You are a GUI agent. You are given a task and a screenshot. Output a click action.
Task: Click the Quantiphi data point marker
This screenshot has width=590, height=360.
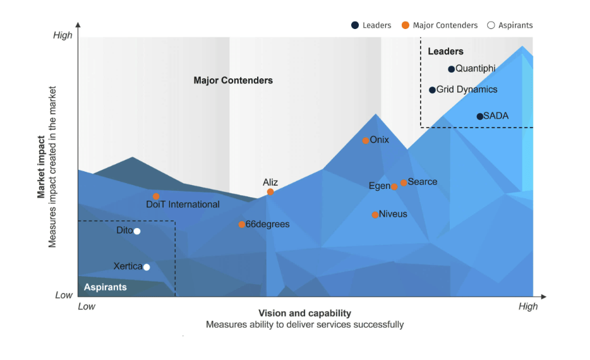(451, 69)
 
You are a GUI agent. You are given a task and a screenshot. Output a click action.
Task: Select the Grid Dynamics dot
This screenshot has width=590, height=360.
(432, 90)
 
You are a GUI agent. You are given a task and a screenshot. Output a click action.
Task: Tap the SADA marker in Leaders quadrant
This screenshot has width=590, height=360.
(479, 116)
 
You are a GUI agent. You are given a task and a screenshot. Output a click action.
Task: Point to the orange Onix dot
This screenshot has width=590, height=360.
(365, 140)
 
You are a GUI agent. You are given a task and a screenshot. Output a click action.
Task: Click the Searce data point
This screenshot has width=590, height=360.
(404, 183)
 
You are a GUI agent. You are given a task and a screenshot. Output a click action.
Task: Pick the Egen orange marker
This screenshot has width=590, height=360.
(394, 186)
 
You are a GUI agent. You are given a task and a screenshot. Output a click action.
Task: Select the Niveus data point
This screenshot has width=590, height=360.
(375, 215)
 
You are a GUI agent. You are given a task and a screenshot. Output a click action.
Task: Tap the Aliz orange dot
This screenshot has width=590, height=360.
(270, 192)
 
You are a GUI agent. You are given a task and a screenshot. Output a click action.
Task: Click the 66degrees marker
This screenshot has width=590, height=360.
(241, 224)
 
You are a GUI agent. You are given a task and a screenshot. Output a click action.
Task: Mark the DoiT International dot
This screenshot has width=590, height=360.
(156, 196)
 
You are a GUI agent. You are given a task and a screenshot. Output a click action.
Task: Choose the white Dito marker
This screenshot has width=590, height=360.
(136, 231)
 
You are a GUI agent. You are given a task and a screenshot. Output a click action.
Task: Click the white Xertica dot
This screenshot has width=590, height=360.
(147, 267)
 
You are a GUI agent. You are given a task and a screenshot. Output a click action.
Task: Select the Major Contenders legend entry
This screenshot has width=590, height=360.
(440, 25)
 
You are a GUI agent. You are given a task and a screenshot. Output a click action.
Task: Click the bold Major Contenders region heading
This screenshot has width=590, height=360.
(233, 80)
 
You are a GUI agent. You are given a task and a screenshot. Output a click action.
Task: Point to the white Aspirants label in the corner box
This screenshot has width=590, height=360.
(105, 287)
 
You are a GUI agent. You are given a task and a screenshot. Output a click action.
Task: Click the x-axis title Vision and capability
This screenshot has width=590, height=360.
(304, 313)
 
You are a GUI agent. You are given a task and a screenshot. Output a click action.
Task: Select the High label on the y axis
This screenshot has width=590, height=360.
(63, 35)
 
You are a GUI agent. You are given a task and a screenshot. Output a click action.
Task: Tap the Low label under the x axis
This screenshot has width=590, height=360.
(87, 307)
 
